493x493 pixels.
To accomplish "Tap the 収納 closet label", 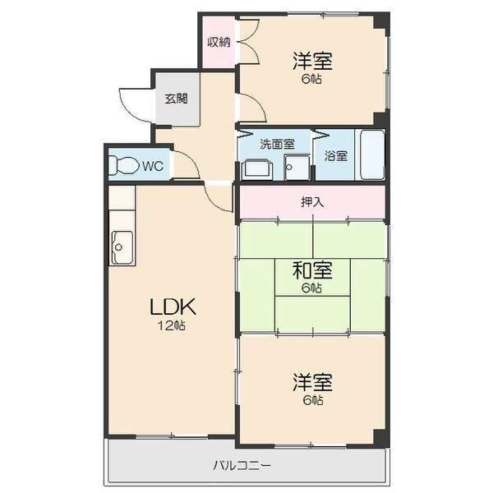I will (218, 43).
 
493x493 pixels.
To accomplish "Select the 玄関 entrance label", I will (176, 99).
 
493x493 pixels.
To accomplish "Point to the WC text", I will (152, 166).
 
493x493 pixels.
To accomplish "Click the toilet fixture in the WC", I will (124, 165).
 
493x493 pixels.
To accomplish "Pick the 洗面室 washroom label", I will (277, 144).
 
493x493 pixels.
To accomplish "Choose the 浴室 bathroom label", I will (335, 154).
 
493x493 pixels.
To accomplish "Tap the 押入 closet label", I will (311, 202).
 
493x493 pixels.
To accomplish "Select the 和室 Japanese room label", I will (311, 270).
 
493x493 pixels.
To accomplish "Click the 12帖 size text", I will (173, 325).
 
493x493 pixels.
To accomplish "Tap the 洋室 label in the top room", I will (311, 61).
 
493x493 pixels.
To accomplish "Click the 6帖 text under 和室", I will (311, 288).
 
